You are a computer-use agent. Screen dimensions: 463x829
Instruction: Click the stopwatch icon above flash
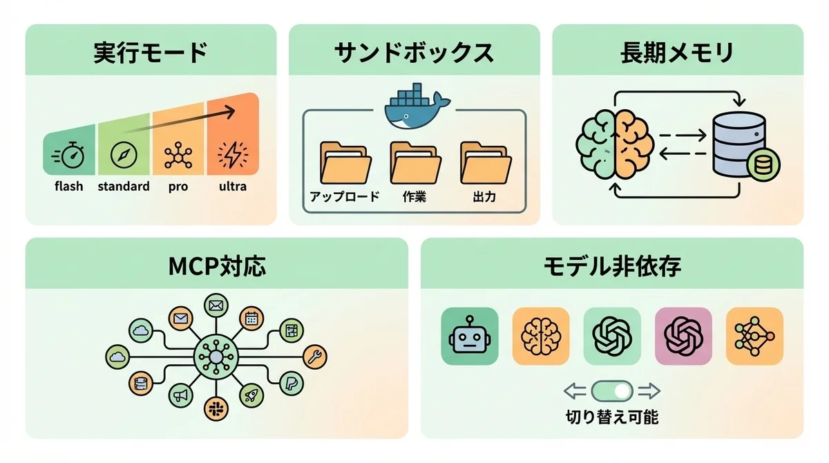pos(71,156)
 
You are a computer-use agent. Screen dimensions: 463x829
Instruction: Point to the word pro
pos(178,187)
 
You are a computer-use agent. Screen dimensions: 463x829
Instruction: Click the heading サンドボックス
pos(414,53)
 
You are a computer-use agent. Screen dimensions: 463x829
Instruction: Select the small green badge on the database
pos(762,166)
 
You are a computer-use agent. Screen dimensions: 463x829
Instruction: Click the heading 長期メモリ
pos(677,53)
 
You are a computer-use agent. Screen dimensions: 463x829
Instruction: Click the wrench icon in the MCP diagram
pos(314,356)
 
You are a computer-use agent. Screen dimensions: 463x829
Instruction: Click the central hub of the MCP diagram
pos(216,357)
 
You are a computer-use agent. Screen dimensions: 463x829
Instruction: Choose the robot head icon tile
pos(470,336)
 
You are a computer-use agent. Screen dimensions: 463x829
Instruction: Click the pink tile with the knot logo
pos(683,336)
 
